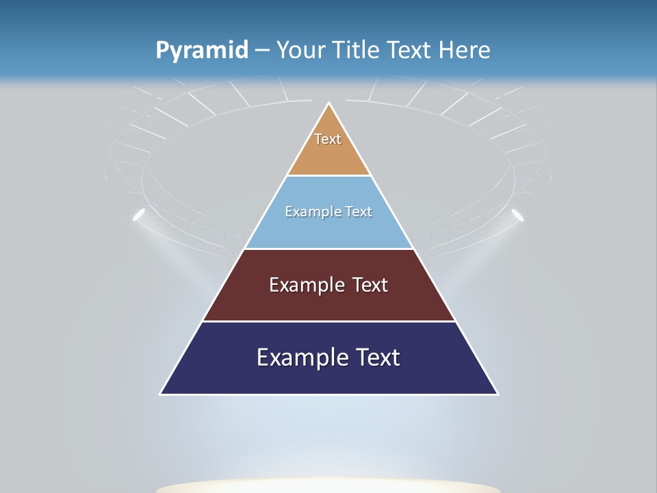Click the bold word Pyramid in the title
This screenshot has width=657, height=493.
201,51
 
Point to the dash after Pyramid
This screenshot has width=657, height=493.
261,51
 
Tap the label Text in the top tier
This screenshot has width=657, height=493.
328,139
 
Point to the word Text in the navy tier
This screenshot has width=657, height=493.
377,357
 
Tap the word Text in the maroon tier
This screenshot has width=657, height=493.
370,285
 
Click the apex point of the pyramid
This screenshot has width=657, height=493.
329,103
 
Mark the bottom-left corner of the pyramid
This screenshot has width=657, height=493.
161,394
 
